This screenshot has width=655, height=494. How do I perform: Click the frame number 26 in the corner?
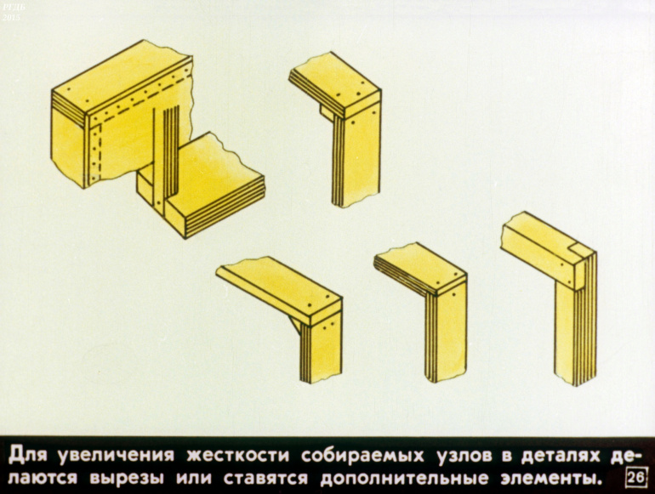tap(636, 478)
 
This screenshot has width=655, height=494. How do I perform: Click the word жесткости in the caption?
tap(237, 455)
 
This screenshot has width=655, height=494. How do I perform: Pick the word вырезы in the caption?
tap(127, 478)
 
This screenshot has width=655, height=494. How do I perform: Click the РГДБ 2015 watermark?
tap(11, 13)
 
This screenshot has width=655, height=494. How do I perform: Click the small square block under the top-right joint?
tap(327, 112)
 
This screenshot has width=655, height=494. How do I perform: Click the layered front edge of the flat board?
tap(225, 206)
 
